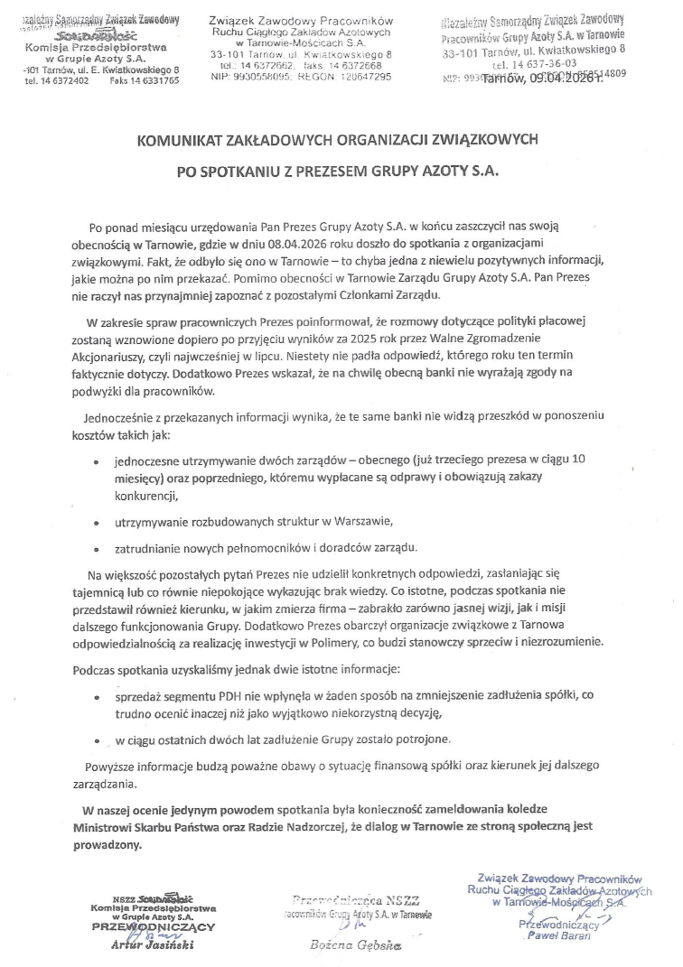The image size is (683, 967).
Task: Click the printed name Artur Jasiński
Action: [150, 946]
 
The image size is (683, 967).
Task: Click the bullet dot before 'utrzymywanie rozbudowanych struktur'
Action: [97, 523]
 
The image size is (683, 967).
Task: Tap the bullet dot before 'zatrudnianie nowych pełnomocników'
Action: [97, 548]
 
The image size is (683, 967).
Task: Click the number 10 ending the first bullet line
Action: [579, 460]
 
